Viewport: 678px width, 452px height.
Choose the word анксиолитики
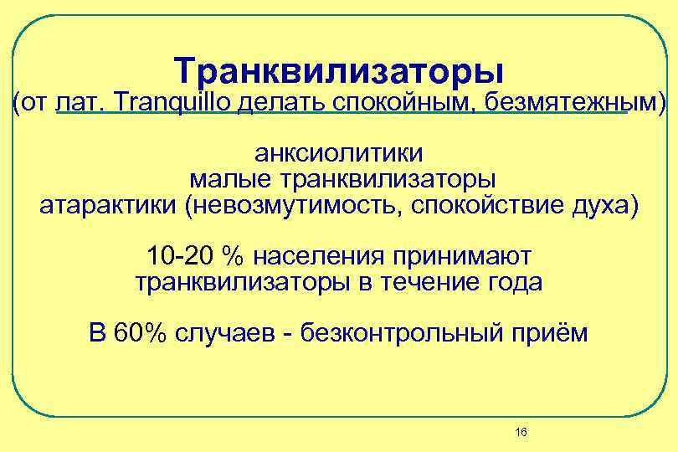[339, 155]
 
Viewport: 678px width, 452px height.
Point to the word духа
[605, 206]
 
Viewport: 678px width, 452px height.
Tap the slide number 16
[521, 432]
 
